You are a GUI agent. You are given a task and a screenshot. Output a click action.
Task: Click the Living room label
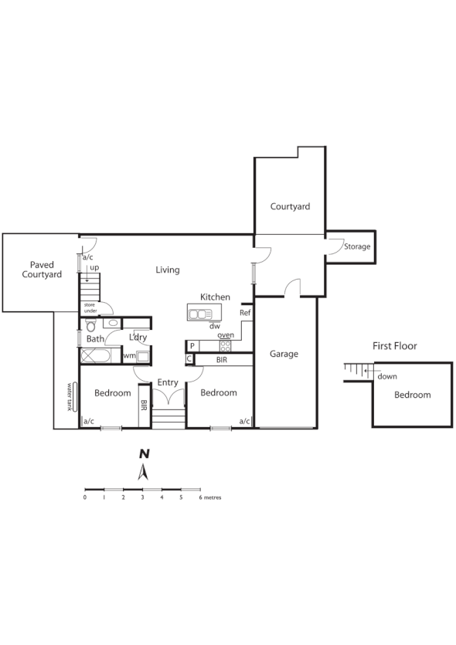point(167,270)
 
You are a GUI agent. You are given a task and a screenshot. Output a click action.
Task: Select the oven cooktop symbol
point(225,345)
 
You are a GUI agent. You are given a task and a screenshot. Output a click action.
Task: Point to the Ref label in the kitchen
point(245,313)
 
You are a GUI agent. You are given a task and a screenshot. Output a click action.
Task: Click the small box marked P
point(191,346)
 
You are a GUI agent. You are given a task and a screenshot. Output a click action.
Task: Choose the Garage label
point(284,354)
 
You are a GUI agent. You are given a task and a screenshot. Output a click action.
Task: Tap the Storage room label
point(357,247)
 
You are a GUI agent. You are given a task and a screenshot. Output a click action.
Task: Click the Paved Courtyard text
point(42,269)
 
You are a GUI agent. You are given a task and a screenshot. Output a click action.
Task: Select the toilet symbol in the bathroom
point(90,324)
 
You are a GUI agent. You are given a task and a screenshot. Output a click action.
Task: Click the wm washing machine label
point(128,356)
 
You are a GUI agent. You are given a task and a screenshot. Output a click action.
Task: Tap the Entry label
point(168,382)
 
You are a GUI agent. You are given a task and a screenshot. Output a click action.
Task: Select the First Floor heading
point(394,346)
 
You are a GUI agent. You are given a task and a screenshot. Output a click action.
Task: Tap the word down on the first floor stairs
point(386,377)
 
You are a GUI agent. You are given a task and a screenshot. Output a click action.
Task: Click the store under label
point(91,307)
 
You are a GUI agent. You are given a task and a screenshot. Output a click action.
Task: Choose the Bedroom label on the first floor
point(412,395)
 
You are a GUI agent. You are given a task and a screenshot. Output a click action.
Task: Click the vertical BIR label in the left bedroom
point(144,406)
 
